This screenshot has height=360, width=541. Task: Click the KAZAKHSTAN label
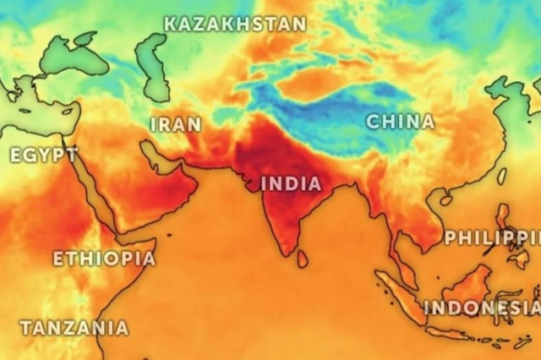234,24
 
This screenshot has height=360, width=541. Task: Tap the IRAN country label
176,125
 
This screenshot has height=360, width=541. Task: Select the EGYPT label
43,155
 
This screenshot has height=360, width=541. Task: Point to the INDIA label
291,183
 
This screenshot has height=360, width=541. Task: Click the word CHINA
400,122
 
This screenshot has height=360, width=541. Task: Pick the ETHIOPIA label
104,259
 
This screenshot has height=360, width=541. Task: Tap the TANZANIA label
74,327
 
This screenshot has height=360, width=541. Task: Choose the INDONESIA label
482,308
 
